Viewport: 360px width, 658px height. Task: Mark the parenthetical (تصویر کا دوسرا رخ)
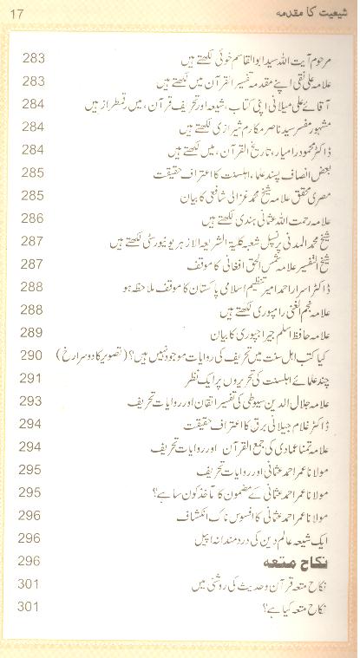coord(91,355)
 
